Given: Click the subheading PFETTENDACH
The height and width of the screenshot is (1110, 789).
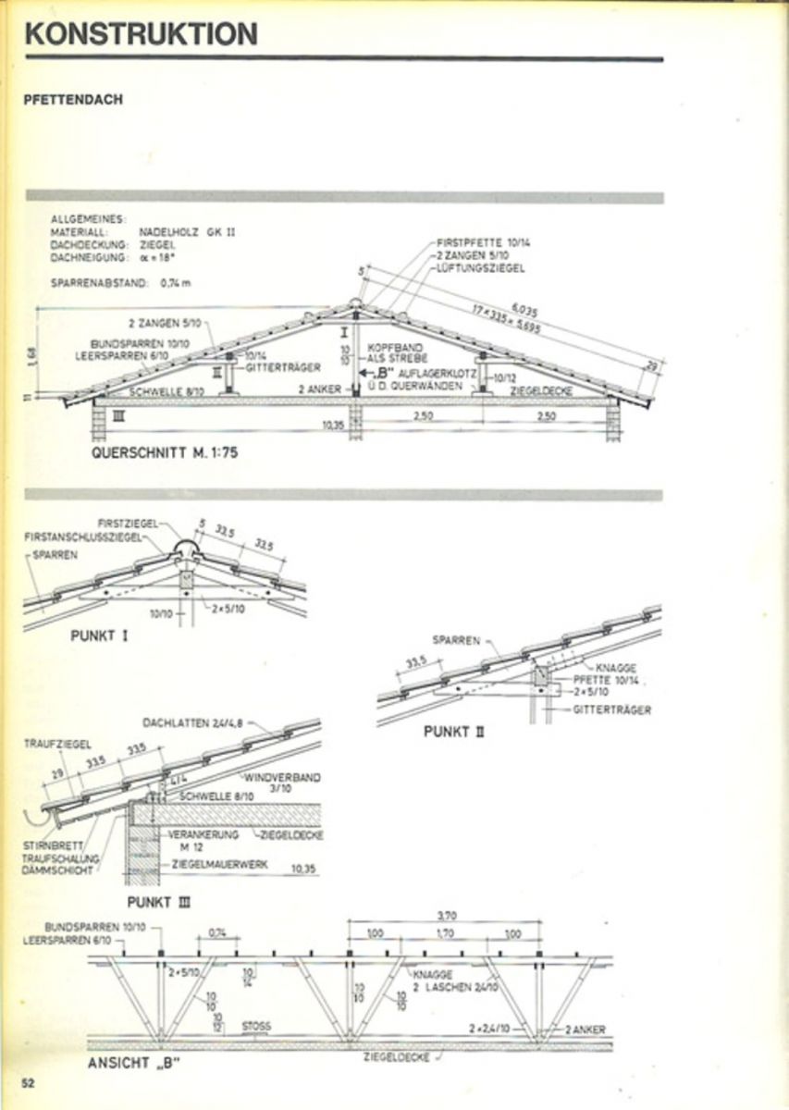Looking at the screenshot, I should (x=73, y=101).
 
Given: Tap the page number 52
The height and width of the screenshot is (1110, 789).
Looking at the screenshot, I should (x=29, y=1083).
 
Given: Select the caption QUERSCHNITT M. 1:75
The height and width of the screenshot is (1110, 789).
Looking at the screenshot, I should (x=158, y=454).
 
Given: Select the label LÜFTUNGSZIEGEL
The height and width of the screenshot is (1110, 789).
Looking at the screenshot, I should (x=481, y=268).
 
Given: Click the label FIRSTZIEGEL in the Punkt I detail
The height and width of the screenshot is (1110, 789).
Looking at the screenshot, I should (x=127, y=522).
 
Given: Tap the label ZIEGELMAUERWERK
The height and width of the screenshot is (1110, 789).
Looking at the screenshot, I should (x=217, y=869).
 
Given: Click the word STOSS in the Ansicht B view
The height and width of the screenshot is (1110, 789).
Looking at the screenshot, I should (x=256, y=1025).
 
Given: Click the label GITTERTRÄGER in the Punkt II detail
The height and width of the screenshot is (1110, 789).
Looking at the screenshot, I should (x=611, y=709).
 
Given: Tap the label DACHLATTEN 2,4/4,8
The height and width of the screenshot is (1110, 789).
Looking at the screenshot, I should (x=191, y=722).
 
